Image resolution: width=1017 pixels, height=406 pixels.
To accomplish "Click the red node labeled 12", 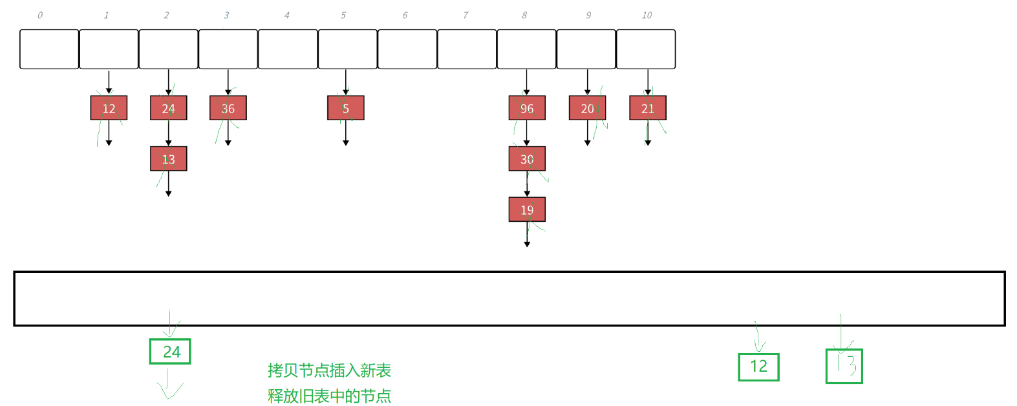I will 109,108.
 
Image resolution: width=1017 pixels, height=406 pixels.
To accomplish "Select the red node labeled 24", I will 169,108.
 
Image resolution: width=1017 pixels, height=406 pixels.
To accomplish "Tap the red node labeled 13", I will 169,159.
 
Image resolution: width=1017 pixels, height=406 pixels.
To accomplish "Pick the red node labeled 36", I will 228,108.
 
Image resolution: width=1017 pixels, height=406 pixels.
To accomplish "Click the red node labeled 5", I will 346,108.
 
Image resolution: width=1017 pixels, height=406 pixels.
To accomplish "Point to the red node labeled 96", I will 527,108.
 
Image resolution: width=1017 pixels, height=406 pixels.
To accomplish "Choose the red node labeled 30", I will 527,159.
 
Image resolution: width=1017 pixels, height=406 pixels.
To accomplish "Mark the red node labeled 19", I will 527,209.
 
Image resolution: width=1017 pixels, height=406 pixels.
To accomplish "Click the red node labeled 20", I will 587,108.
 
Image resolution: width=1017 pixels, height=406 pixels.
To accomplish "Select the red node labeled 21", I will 648,108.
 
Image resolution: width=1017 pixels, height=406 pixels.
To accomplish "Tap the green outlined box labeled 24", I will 170,352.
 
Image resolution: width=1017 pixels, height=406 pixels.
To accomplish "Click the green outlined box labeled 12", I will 758,367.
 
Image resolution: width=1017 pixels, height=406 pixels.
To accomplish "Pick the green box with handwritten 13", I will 844,366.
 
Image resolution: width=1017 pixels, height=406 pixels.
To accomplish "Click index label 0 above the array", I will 40,16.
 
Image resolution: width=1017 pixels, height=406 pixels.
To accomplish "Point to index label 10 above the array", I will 647,16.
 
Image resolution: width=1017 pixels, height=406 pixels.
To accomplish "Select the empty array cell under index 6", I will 407,49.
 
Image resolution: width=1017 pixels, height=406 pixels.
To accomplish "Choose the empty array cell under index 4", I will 288,49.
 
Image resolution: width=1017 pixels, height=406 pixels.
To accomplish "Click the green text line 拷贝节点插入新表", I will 330,370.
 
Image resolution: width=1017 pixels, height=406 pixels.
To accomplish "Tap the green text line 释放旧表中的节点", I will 330,396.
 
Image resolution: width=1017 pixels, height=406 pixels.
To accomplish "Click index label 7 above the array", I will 466,16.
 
